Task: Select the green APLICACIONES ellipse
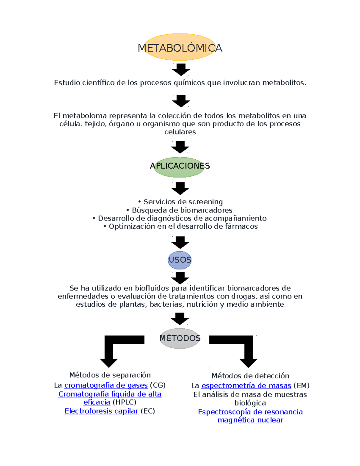tap(179, 167)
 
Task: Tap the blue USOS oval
tap(179, 260)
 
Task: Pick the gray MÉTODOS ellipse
tap(180, 338)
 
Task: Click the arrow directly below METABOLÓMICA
tap(181, 69)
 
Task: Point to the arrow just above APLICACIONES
tap(180, 147)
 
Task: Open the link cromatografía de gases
tap(106, 385)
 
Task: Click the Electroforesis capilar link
tap(101, 411)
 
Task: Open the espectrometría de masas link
tap(246, 386)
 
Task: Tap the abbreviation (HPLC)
tap(124, 402)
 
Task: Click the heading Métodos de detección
tap(250, 376)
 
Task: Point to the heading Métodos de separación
tap(110, 375)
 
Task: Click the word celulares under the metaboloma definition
tap(180, 132)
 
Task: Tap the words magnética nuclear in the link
tap(250, 420)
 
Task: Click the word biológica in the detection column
tap(250, 403)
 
